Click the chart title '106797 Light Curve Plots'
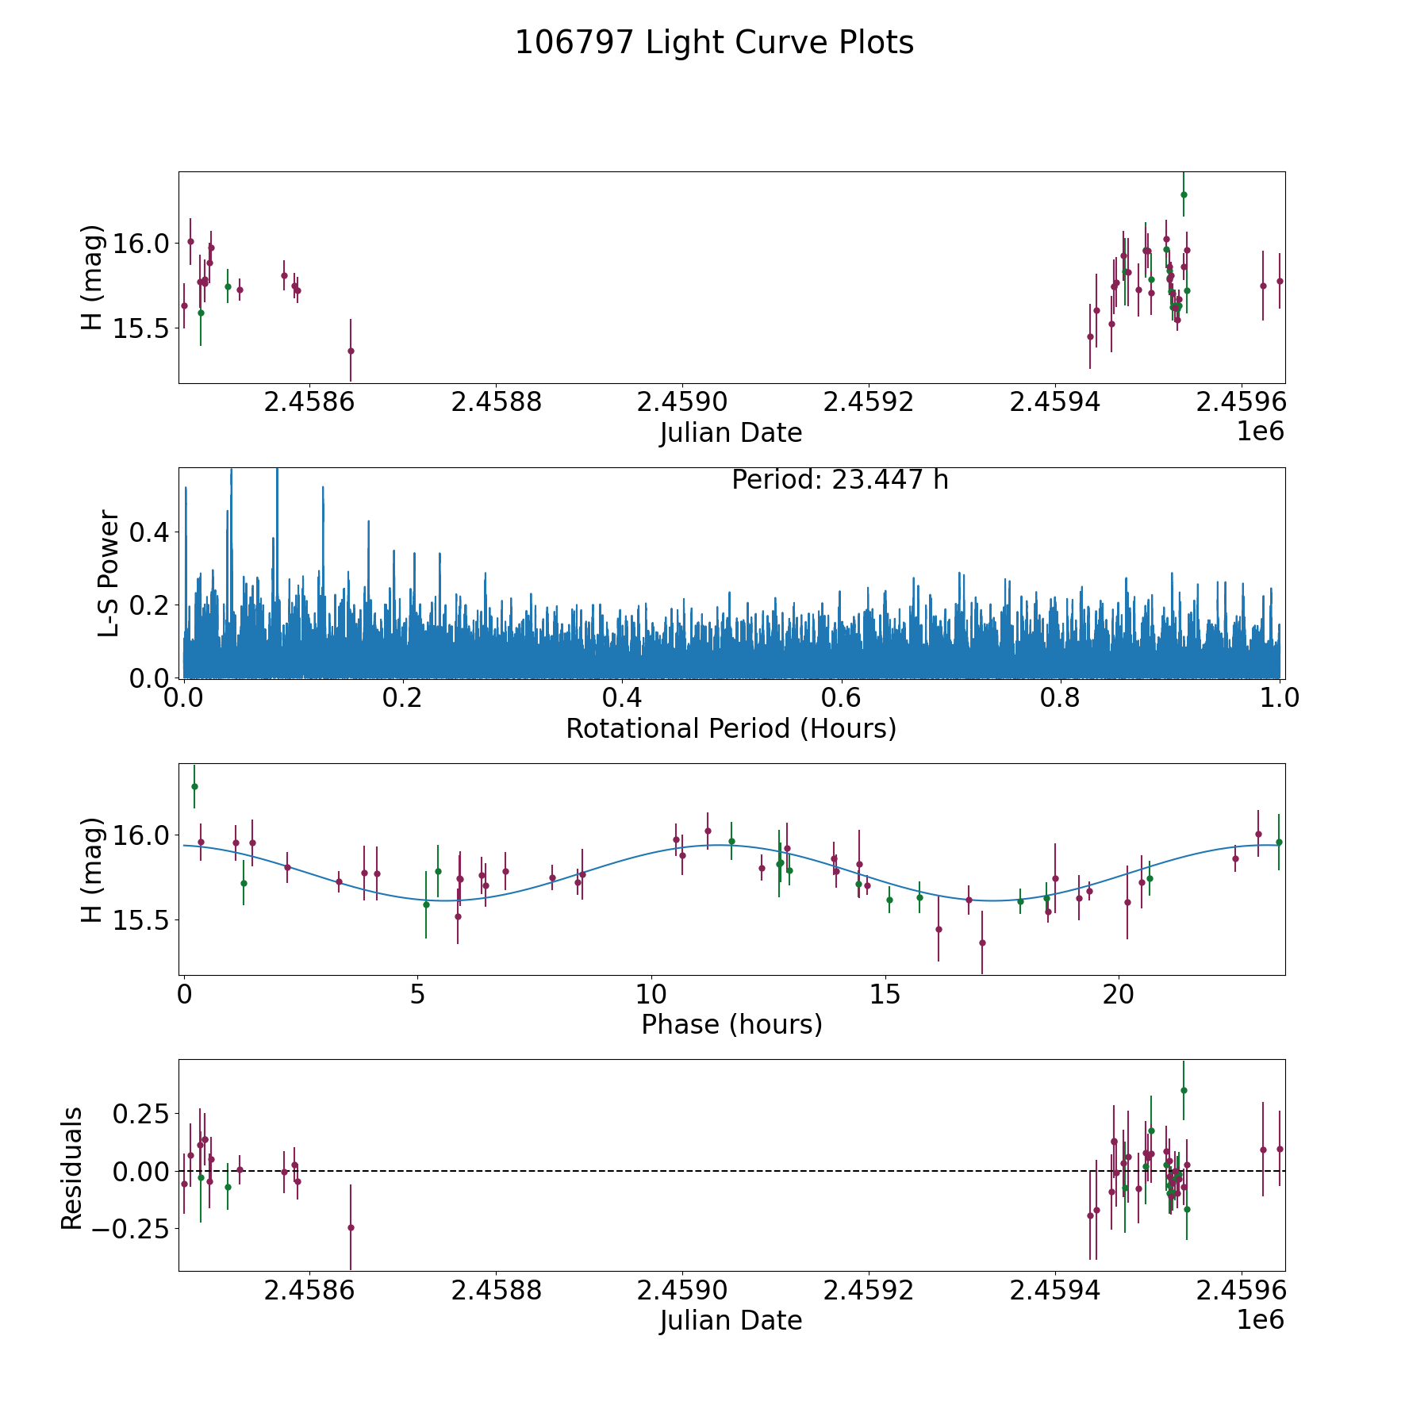coord(714,43)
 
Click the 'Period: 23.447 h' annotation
coord(839,480)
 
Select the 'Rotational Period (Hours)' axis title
coord(731,728)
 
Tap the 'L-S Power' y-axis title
coord(109,573)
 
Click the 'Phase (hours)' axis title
coord(731,1024)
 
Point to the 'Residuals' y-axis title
coord(71,1169)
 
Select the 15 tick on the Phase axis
coord(885,994)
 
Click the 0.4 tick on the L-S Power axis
coord(148,532)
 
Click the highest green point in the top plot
coord(1183,194)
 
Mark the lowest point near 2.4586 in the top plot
coord(351,351)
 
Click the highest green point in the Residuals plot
coord(1183,1090)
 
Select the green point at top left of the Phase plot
coord(194,786)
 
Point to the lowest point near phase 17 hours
coord(982,942)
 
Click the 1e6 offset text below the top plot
coord(1260,432)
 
